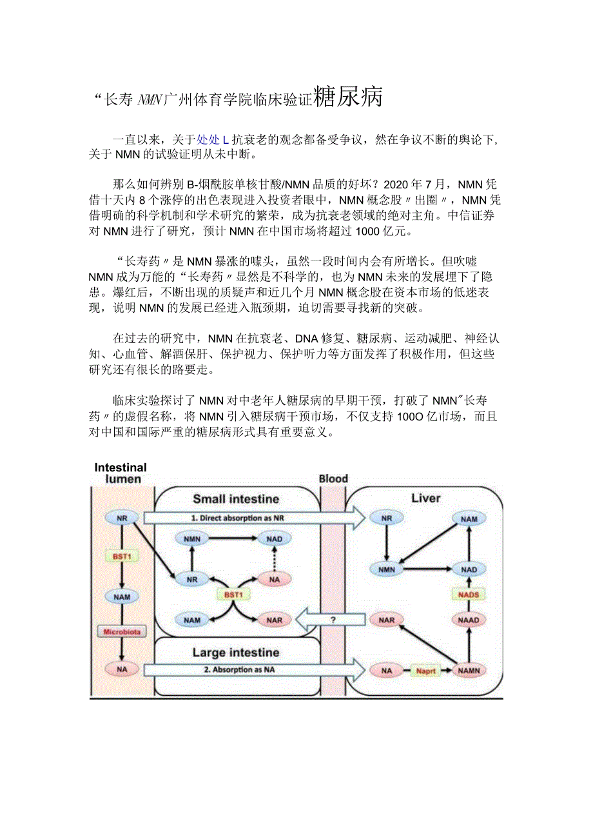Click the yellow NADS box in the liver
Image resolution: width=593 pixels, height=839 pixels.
pos(469,594)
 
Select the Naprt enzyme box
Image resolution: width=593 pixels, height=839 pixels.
pos(426,671)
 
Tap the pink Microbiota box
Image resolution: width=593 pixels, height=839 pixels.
pos(122,631)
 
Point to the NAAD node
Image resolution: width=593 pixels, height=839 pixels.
pos(469,620)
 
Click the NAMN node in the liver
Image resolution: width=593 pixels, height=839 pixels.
pos(469,671)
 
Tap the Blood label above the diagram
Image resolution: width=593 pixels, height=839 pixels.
pos(333,479)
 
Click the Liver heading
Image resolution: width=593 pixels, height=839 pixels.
pos(425,498)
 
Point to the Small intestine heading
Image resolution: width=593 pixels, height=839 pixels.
pos(236,498)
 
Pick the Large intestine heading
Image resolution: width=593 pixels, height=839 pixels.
pos(236,653)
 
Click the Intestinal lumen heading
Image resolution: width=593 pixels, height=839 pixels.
pos(121,473)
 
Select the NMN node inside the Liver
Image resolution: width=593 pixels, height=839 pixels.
pos(386,569)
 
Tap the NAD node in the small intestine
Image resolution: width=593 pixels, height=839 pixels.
pos(275,538)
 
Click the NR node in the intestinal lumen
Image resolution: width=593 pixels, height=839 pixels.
pos(122,518)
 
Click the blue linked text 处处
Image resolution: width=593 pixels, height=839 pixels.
pos(209,139)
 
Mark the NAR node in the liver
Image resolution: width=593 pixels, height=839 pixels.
pos(386,620)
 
